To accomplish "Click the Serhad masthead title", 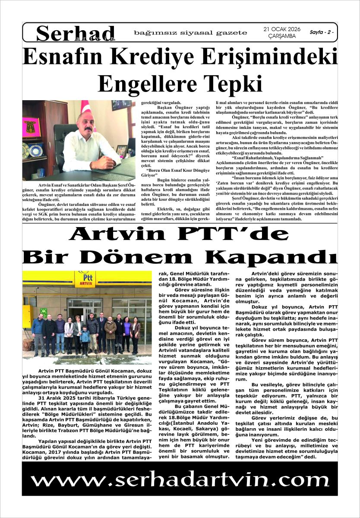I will pyautogui.click(x=76, y=32).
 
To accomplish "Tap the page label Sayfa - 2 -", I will pyautogui.click(x=321, y=32).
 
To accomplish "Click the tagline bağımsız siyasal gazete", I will pyautogui.click(x=190, y=33).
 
